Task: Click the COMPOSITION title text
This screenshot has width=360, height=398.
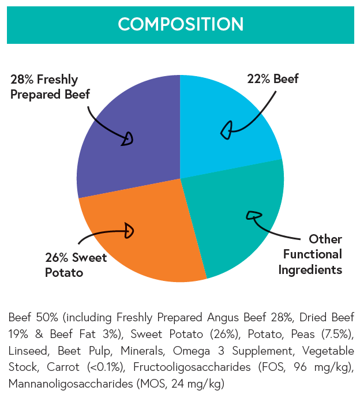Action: point(180,24)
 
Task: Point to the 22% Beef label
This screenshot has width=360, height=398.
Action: point(273,79)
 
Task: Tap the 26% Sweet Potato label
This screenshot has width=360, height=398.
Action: point(76,265)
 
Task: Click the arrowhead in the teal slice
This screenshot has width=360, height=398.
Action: point(253,216)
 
